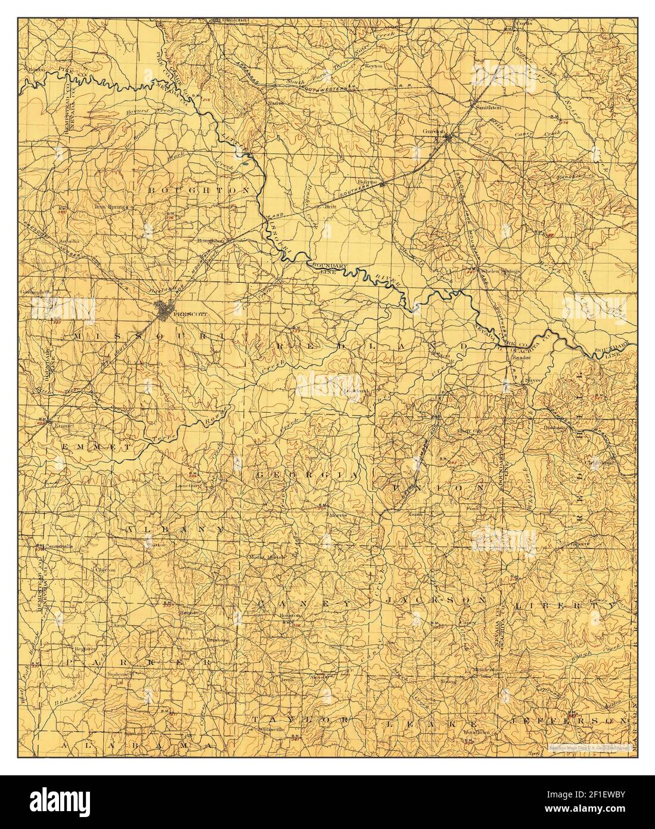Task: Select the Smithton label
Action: pyautogui.click(x=486, y=107)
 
